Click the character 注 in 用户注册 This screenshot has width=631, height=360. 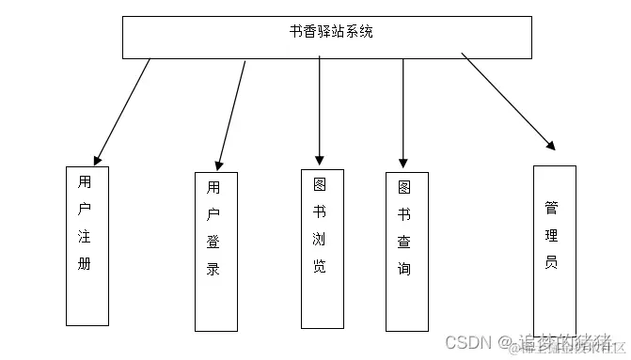click(85, 236)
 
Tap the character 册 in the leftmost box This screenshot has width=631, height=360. click(85, 264)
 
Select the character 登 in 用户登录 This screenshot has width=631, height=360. click(213, 242)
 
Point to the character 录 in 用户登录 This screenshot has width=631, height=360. click(213, 269)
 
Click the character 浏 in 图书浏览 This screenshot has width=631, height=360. click(320, 239)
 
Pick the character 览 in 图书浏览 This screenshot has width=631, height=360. click(320, 266)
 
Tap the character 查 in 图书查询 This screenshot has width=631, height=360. click(404, 242)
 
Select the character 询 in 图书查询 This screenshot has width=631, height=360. click(404, 269)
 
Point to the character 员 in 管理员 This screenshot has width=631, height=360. click(551, 262)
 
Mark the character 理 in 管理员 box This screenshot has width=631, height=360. click(551, 234)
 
